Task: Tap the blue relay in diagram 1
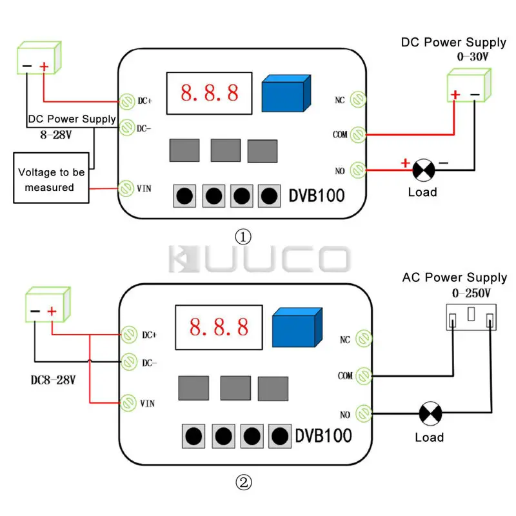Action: (286, 94)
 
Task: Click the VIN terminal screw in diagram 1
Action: (126, 188)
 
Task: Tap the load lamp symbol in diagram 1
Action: (424, 170)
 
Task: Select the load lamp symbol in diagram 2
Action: (430, 412)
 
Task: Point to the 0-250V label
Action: (471, 294)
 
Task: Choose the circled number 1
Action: (243, 237)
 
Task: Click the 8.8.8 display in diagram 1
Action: (209, 92)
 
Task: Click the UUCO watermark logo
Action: (257, 260)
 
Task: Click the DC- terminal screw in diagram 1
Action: (126, 128)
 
